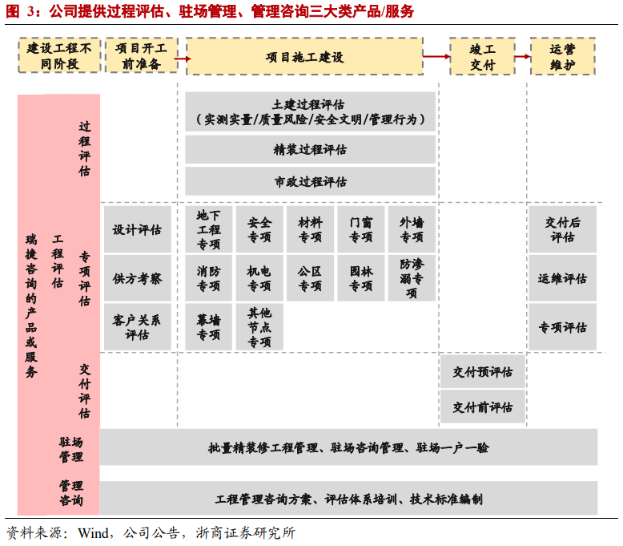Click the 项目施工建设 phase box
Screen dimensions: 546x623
click(304, 56)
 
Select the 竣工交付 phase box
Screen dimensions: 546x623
click(482, 56)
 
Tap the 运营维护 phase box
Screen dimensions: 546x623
click(562, 56)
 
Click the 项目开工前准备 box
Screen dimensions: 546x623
click(141, 56)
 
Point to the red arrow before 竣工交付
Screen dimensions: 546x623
click(436, 56)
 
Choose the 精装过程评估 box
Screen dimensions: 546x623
click(310, 149)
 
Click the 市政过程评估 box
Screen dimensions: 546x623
click(310, 181)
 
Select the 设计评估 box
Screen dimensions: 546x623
click(137, 229)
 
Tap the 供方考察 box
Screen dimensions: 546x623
click(137, 278)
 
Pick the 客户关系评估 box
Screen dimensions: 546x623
click(137, 326)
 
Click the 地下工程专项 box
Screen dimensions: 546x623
click(209, 229)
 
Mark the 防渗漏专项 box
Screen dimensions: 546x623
click(412, 278)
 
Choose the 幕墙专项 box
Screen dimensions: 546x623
click(209, 326)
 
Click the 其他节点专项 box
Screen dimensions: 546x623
click(259, 326)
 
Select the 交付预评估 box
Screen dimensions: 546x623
click(482, 372)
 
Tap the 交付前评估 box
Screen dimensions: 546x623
click(482, 406)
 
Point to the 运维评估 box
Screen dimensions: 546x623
click(562, 278)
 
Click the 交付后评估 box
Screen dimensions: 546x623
click(562, 229)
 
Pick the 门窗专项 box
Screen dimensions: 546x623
click(361, 229)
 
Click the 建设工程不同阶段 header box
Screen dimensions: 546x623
click(60, 56)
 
